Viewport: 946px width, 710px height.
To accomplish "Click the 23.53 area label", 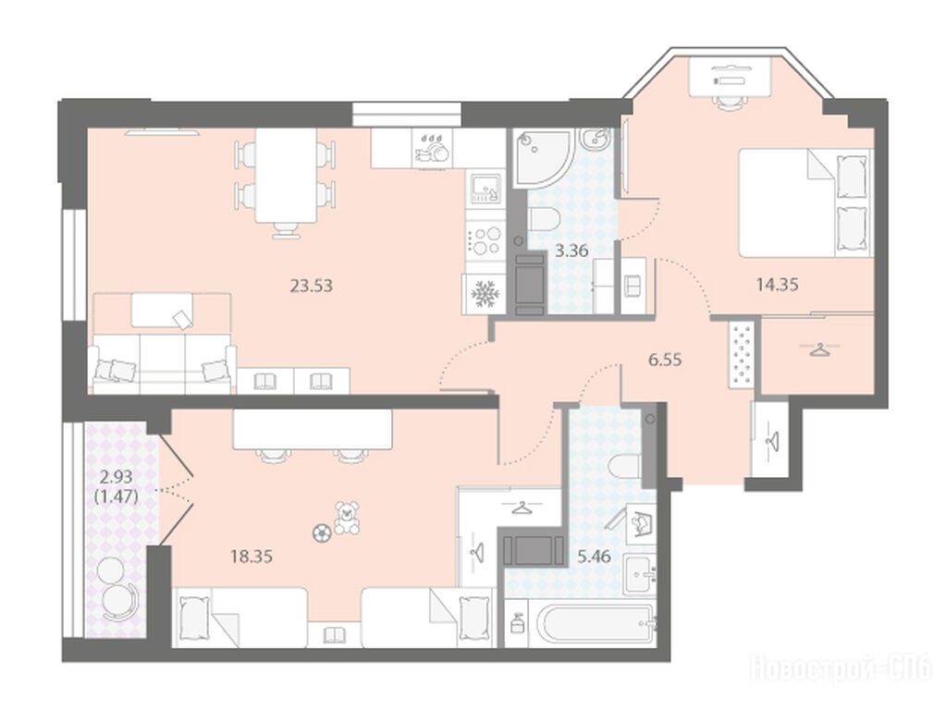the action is click(x=312, y=285).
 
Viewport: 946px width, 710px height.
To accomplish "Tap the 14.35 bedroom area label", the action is click(x=777, y=284).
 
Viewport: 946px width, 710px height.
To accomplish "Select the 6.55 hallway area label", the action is click(x=665, y=361).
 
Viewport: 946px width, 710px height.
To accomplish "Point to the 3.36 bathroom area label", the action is click(x=571, y=251).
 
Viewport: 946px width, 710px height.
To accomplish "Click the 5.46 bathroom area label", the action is click(x=595, y=557).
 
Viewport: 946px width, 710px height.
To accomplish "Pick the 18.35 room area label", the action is click(x=252, y=557).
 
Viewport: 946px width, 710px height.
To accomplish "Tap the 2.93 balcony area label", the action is click(x=116, y=478).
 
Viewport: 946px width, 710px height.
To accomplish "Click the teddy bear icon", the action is click(x=347, y=518).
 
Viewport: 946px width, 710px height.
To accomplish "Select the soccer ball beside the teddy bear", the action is click(x=321, y=532).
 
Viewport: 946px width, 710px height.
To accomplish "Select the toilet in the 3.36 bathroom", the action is click(x=546, y=220).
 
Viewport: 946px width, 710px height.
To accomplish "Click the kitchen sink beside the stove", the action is click(x=485, y=188).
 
